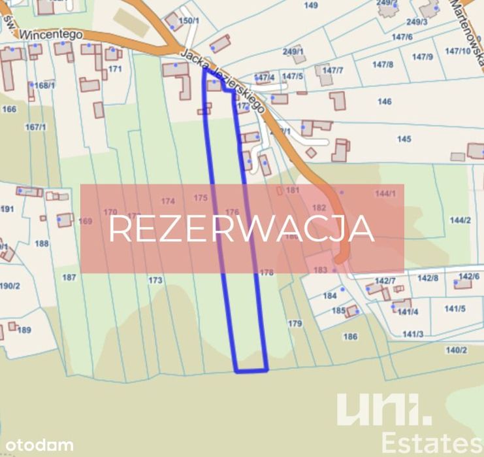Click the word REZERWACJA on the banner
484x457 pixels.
click(x=241, y=229)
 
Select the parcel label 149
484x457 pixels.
click(x=311, y=5)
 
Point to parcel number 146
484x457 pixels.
click(x=385, y=101)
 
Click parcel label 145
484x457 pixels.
click(x=404, y=139)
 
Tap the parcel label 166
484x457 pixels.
click(x=9, y=109)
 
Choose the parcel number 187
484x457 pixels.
click(x=69, y=277)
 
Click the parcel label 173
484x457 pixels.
click(x=155, y=280)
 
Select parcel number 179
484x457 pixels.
click(x=295, y=323)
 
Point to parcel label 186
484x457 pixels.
click(x=350, y=337)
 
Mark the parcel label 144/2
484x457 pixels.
click(x=460, y=220)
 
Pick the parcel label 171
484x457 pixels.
click(x=115, y=69)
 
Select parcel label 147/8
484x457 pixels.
click(x=383, y=64)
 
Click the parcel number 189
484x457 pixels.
click(x=24, y=330)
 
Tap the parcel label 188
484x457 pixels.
click(x=42, y=243)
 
